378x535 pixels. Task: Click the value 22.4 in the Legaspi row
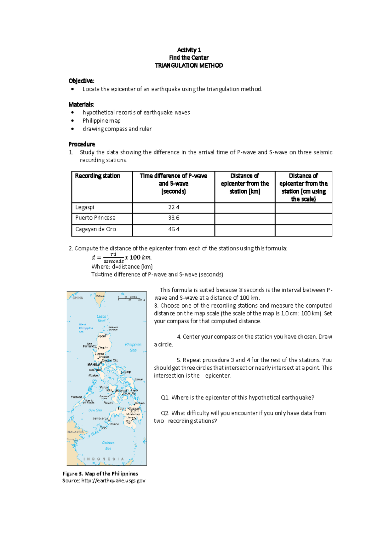(x=174, y=207)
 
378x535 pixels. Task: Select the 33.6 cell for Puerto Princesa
(x=174, y=218)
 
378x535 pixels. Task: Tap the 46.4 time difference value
(x=174, y=229)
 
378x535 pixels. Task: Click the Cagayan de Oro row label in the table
(x=95, y=229)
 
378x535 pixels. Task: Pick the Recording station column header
(x=97, y=176)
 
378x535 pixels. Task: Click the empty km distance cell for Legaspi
(x=245, y=208)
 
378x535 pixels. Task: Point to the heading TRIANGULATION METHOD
(x=189, y=66)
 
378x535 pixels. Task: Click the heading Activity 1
(x=189, y=50)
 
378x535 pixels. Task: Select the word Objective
(x=81, y=81)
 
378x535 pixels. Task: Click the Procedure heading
(x=82, y=144)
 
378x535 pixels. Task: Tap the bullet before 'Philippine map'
(x=73, y=121)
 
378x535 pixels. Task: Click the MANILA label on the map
(x=94, y=364)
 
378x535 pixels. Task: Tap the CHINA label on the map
(x=78, y=298)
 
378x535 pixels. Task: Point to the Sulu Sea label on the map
(x=95, y=410)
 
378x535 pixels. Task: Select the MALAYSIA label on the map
(x=75, y=432)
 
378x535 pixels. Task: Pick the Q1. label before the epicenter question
(x=165, y=397)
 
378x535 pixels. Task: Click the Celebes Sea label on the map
(x=108, y=445)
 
